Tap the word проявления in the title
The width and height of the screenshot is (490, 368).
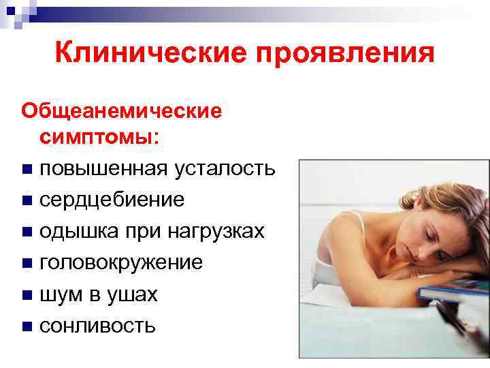(344, 53)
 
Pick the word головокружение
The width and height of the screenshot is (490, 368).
(121, 262)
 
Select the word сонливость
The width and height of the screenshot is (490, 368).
(97, 326)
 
